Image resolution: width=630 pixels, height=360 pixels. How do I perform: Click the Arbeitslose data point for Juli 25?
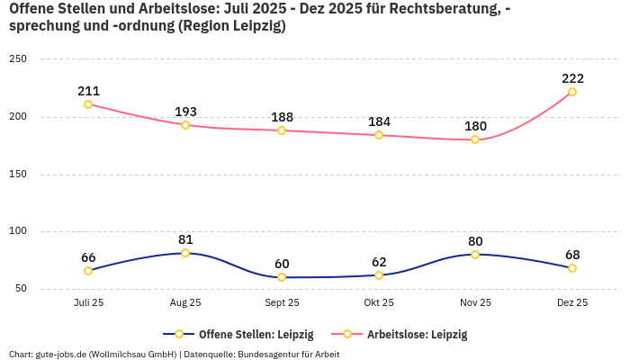pos(88,104)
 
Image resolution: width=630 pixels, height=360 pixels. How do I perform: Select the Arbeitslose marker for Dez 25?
pos(572,92)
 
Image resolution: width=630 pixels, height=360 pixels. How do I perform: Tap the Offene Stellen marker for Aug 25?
pos(185,253)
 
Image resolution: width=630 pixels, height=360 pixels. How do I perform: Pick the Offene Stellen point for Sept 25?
pos(282,277)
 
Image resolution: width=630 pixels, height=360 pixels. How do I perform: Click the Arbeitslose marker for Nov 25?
pos(475,139)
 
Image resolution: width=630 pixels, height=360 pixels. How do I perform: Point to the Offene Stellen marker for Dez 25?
pos(572,268)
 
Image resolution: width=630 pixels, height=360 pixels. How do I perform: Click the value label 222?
pos(572,78)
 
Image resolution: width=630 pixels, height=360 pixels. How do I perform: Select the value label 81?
pos(185,239)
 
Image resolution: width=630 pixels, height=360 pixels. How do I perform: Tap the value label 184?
pos(379,121)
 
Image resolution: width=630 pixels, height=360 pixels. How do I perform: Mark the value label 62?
pos(379,262)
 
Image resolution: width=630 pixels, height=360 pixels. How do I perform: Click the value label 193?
pos(185,112)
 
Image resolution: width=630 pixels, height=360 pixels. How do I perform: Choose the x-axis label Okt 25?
pos(379,302)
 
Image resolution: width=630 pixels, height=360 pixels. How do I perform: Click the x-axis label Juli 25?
pos(88,302)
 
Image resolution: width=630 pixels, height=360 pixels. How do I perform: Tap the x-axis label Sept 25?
pos(282,302)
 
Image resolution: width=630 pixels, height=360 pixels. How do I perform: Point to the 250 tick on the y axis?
pos(18,59)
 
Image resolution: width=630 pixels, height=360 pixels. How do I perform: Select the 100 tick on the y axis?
pos(18,231)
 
